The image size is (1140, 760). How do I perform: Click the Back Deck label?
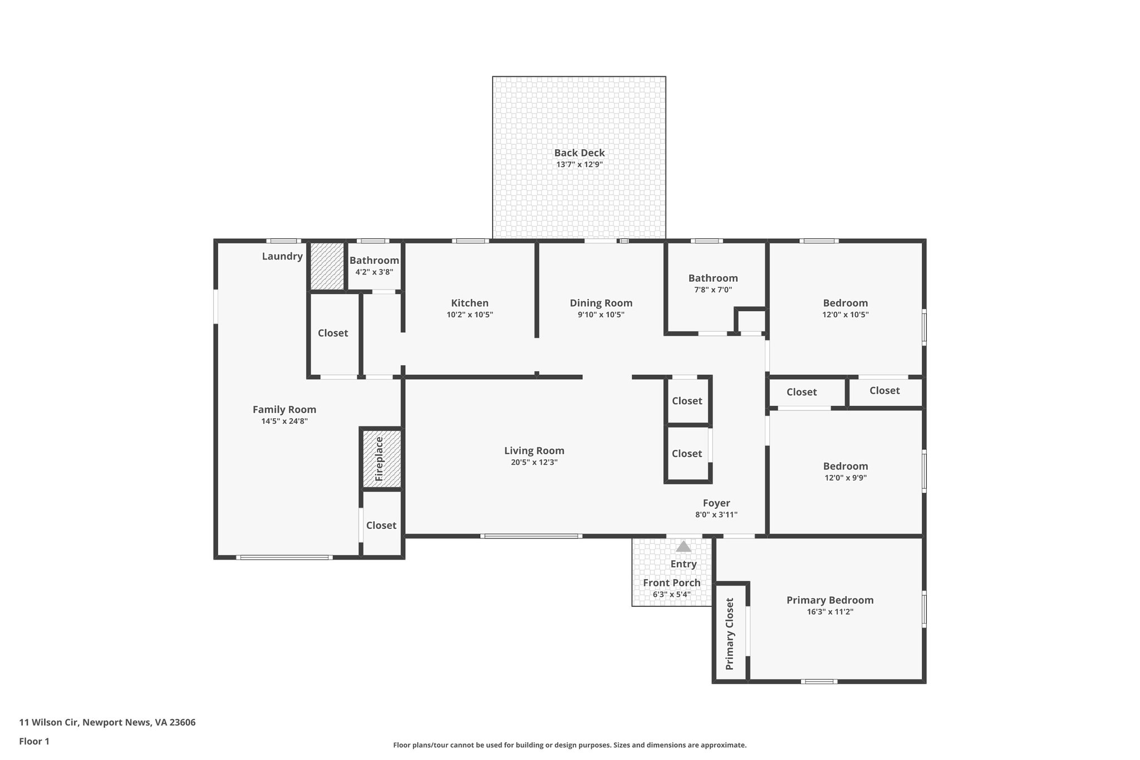579,153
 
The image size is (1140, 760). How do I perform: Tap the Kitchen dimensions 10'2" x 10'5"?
470,315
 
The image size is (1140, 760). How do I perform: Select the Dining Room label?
601,303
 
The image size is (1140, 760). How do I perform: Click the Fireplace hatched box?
382,459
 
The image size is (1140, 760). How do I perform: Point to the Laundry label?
282,256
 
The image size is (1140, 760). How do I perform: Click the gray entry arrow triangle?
683,547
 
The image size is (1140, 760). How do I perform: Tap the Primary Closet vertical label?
730,634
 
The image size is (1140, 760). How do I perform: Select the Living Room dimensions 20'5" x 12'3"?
534,462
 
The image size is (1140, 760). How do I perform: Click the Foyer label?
716,503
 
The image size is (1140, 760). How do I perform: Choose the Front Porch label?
671,583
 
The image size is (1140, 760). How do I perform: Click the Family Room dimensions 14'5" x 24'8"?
284,421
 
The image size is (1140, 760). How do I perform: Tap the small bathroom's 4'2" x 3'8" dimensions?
374,272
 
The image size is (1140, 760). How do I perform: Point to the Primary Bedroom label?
829,600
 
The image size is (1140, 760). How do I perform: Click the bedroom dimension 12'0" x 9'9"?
845,478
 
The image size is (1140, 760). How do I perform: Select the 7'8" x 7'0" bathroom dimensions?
712,290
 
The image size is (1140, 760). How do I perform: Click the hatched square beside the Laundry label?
327,266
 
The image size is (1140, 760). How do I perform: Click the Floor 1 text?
34,741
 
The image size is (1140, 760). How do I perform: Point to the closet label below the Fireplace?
381,525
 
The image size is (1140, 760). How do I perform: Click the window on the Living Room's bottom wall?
531,536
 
